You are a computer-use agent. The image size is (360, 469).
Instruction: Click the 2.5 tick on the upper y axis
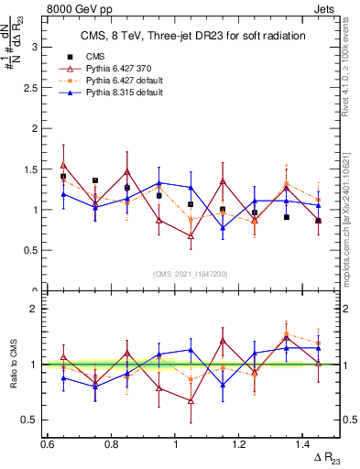tap(33, 87)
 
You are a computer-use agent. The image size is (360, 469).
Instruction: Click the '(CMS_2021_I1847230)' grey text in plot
tap(190, 274)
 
